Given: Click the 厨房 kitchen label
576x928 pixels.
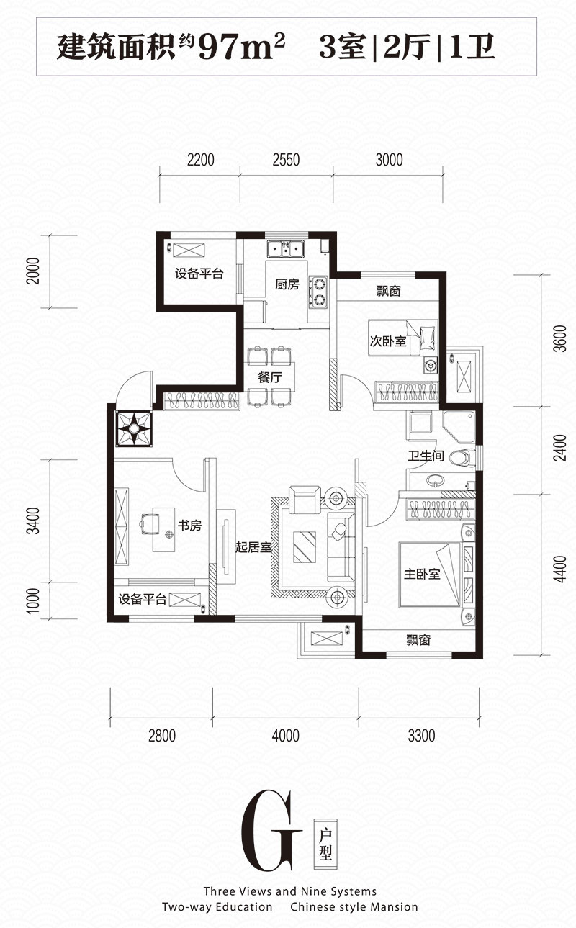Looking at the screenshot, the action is click(x=287, y=284).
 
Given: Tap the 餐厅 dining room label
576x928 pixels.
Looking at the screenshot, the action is click(x=269, y=377).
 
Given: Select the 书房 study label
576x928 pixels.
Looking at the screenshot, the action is click(x=190, y=526).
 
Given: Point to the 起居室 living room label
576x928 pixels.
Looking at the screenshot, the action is click(x=253, y=547).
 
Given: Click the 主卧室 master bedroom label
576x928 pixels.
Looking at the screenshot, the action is click(x=422, y=575).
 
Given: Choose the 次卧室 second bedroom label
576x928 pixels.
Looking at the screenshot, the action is click(x=388, y=341).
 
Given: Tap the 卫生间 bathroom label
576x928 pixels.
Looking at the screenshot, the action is click(x=426, y=456).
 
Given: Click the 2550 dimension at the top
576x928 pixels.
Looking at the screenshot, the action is click(x=286, y=160).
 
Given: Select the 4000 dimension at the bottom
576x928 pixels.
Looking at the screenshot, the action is click(x=286, y=736).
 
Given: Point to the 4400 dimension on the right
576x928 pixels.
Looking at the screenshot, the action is click(x=560, y=569).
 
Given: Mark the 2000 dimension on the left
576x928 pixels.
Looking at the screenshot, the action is click(x=33, y=271).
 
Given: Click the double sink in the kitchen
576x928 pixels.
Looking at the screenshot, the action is click(x=285, y=249).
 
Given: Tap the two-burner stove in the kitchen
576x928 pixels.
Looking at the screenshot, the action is click(x=318, y=292).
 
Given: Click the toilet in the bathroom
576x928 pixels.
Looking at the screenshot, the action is click(x=462, y=457).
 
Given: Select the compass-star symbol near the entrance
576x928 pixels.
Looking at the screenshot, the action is click(x=133, y=429).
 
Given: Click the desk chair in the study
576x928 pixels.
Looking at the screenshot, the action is click(x=150, y=522).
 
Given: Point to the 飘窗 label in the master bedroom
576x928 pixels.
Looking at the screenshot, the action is click(x=418, y=640).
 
